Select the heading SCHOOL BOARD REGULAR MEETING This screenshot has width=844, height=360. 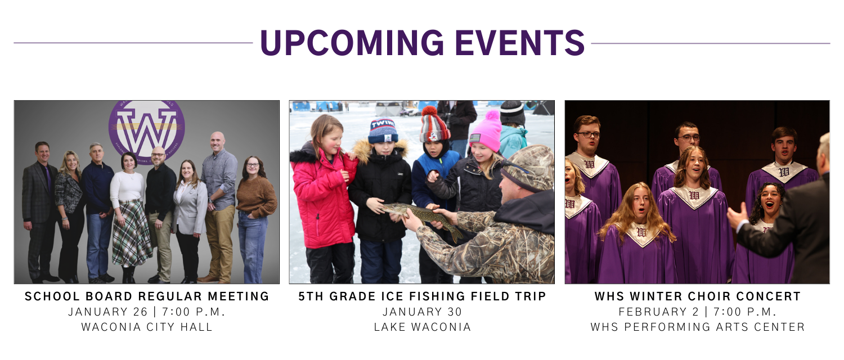point(147,296)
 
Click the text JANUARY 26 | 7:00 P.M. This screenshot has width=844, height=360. point(147,312)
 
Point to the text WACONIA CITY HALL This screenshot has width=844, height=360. point(147,327)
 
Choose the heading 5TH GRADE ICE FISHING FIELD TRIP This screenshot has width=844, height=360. point(422,296)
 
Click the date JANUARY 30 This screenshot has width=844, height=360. point(422,312)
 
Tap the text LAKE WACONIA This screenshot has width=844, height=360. point(422,327)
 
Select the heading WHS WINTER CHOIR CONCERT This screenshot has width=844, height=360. point(697,296)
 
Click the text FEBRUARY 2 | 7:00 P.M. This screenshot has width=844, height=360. point(697,312)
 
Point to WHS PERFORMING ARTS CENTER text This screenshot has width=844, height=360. point(697,327)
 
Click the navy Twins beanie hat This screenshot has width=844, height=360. point(383,131)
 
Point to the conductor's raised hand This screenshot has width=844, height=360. point(737,217)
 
